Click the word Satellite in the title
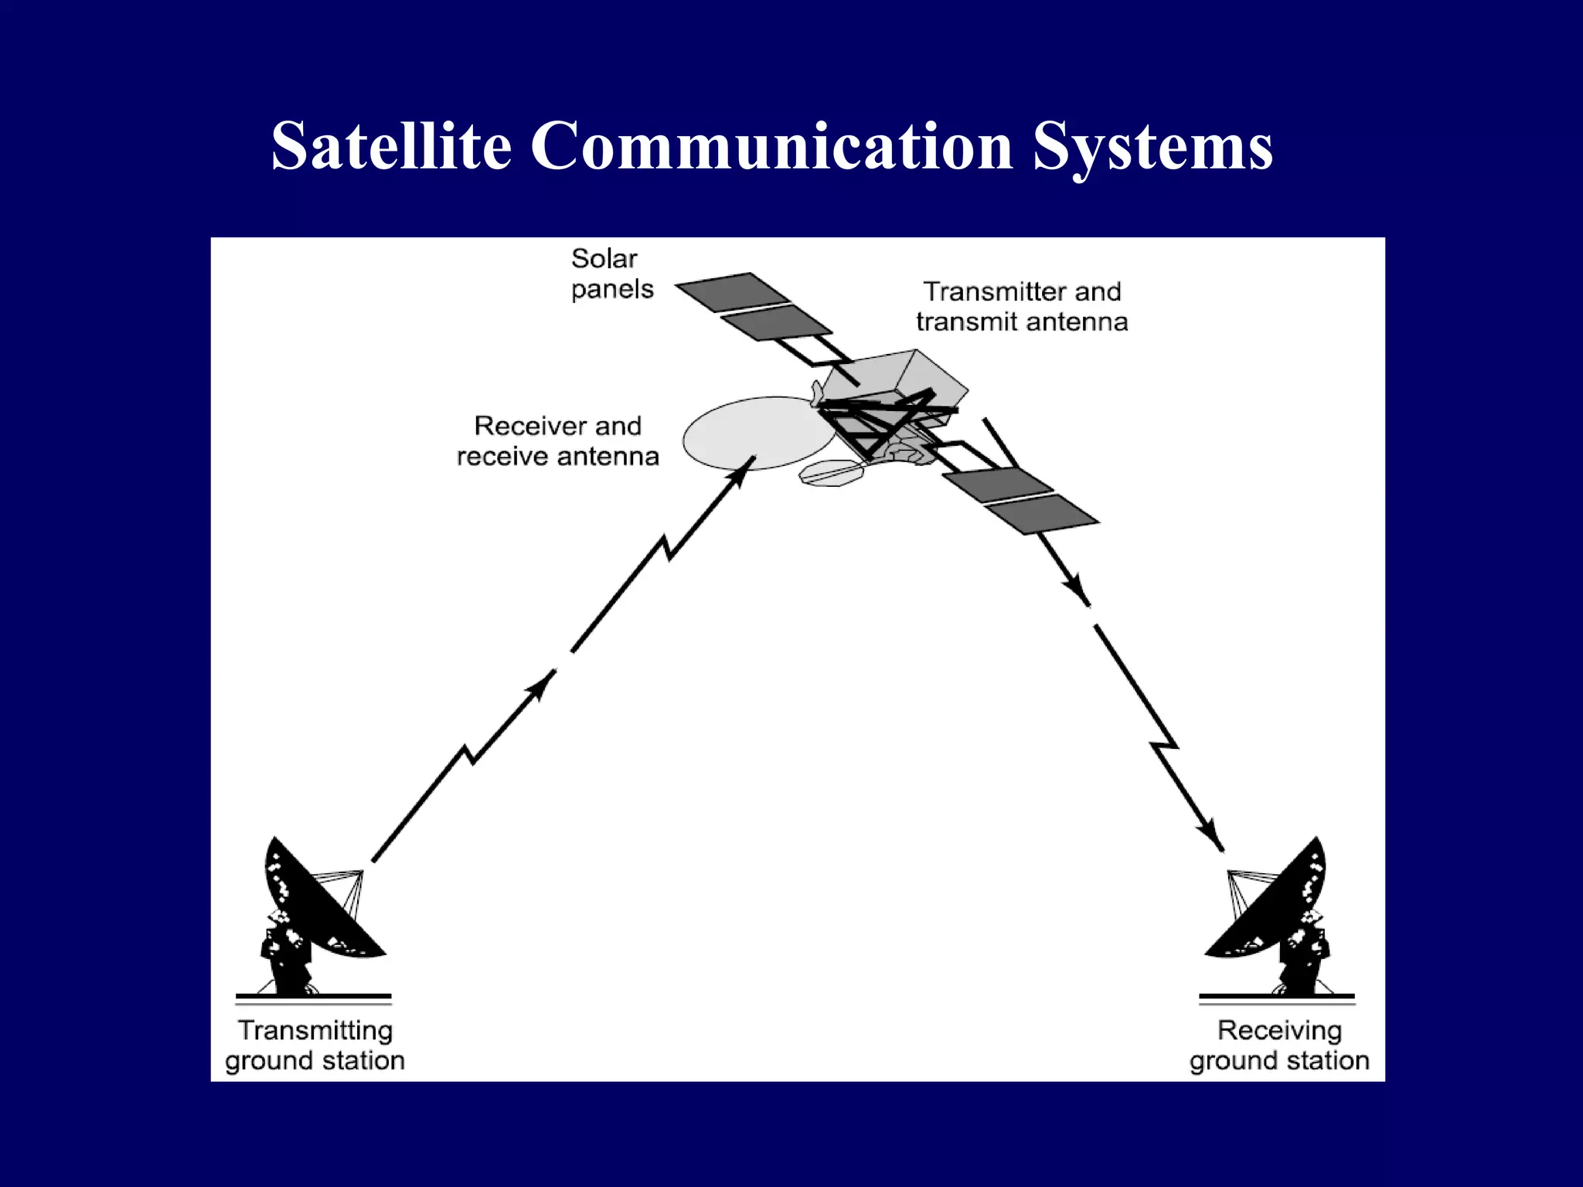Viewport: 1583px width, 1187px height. click(x=391, y=147)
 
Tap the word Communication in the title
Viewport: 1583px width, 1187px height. click(x=771, y=147)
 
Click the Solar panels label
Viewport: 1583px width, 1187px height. click(x=612, y=274)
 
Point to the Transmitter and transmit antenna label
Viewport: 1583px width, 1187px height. click(x=1022, y=307)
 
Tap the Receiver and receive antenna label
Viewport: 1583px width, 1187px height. click(x=558, y=441)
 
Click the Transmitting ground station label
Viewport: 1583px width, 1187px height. click(x=315, y=1046)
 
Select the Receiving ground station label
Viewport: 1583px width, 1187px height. click(x=1279, y=1046)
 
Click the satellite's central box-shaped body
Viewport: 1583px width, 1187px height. click(x=897, y=379)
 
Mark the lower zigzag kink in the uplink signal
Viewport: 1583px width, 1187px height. click(x=469, y=754)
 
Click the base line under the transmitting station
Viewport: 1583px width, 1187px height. click(x=314, y=997)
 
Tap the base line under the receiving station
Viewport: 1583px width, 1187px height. click(x=1277, y=997)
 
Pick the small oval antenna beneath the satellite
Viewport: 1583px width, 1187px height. click(x=831, y=473)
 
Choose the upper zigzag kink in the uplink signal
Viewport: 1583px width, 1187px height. click(x=666, y=547)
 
